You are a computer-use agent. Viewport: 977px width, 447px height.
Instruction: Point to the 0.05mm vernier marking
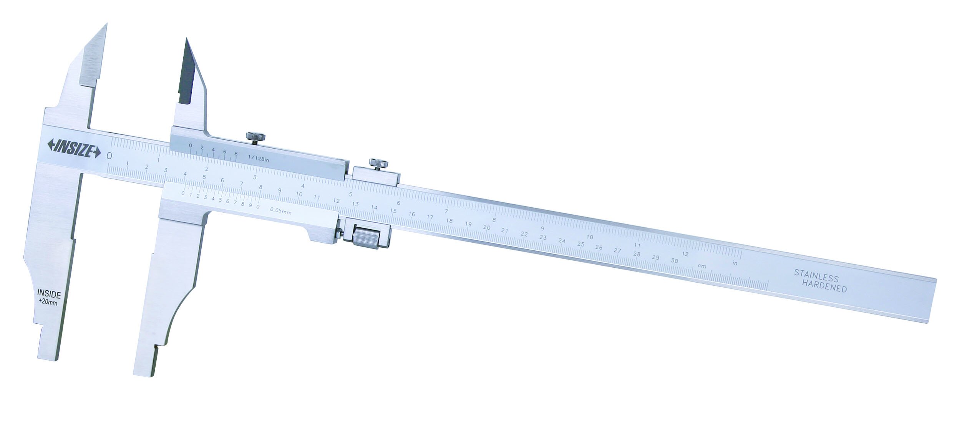pos(280,210)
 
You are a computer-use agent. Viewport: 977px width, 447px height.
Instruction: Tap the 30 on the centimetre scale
pos(674,261)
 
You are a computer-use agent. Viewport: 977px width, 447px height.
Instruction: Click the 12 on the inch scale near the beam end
pos(685,254)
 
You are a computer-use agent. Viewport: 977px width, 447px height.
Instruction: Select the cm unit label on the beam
pos(702,266)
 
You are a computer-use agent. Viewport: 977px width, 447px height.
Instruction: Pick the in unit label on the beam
pos(735,263)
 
